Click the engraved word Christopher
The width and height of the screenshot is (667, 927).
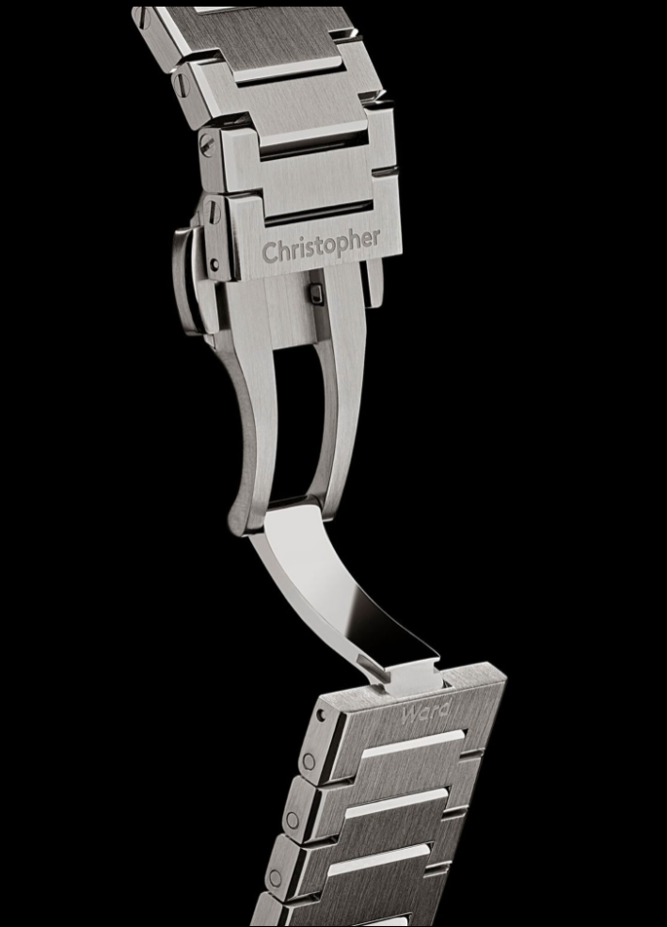click(x=321, y=246)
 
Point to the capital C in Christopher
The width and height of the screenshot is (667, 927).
click(x=270, y=252)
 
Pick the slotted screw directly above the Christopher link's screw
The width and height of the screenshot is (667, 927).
click(x=206, y=144)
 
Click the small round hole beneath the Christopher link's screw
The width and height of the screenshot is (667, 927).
click(x=214, y=264)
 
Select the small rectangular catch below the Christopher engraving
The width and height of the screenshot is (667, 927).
click(x=316, y=294)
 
